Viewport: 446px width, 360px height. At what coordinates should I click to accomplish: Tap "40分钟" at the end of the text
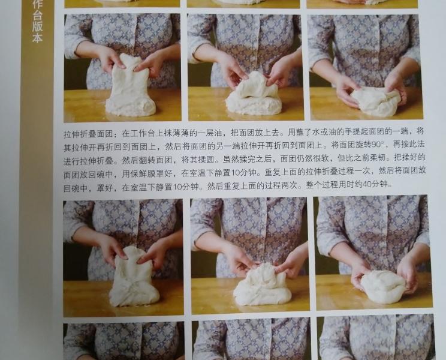(376, 185)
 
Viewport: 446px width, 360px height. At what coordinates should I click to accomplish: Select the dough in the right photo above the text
(374, 101)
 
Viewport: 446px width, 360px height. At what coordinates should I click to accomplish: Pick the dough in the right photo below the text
(382, 287)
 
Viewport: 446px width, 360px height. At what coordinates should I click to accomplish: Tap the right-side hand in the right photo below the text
(408, 270)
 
